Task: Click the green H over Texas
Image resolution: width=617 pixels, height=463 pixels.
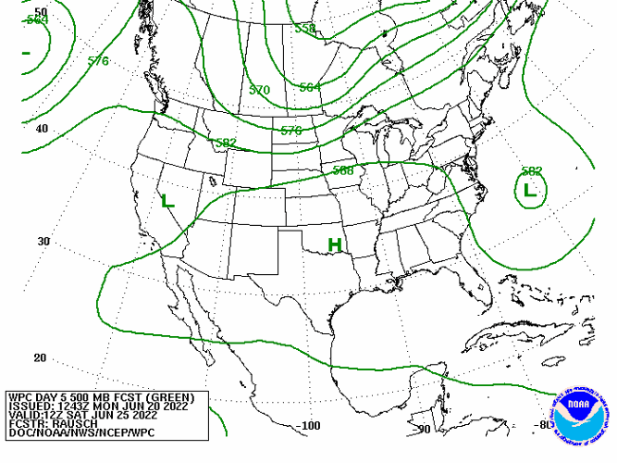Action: (x=335, y=245)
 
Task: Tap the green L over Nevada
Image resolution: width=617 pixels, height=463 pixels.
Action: (x=167, y=201)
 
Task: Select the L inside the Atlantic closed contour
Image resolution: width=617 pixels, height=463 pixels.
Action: (x=529, y=191)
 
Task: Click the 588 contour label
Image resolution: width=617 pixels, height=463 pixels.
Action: (x=343, y=170)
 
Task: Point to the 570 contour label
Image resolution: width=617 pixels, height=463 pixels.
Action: (x=259, y=90)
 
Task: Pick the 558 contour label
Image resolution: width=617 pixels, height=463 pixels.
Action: (x=305, y=29)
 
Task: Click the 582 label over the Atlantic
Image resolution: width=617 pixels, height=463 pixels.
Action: (x=531, y=171)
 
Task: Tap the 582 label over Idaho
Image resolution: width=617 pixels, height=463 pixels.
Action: (x=225, y=143)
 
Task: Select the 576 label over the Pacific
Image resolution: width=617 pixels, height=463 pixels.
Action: (x=98, y=61)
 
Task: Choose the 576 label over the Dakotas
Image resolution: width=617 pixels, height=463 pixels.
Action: (x=291, y=131)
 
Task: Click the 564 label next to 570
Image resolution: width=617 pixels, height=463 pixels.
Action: (x=310, y=87)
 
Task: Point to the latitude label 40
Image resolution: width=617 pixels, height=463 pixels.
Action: (x=43, y=129)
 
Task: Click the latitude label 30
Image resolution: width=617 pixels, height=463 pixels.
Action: (x=43, y=242)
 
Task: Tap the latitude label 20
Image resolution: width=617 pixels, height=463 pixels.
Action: (x=40, y=357)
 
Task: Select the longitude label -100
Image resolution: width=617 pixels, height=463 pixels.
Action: (x=309, y=426)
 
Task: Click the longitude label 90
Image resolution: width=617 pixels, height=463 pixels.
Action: (x=425, y=429)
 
